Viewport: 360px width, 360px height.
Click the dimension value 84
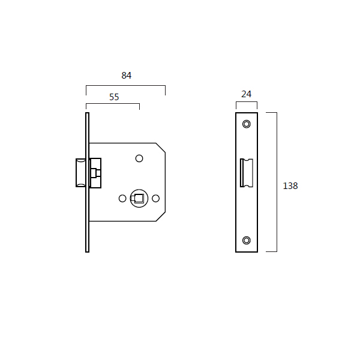point(126,76)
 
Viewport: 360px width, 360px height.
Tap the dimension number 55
point(114,97)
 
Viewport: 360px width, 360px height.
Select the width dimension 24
point(246,94)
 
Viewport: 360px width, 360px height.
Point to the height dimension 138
point(290,186)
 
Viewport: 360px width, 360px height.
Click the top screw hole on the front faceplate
point(246,124)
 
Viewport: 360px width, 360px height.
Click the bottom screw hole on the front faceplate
point(246,241)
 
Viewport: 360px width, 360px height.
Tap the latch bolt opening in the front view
point(247,173)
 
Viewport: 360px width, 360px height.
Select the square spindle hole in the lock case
point(139,198)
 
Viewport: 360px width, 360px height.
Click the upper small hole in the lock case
point(139,158)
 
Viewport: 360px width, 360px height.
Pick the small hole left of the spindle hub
point(122,198)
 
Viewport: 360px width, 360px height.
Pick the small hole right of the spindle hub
point(155,198)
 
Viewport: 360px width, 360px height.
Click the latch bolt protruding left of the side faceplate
point(80,173)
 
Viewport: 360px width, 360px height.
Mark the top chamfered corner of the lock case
point(161,147)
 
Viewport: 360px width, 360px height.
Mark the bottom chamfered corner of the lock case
point(161,217)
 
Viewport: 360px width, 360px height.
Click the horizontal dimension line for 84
point(126,86)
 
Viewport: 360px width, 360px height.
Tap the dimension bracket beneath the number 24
point(246,102)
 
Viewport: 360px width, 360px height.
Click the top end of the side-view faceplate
point(88,114)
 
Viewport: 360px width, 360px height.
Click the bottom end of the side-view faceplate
point(88,250)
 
